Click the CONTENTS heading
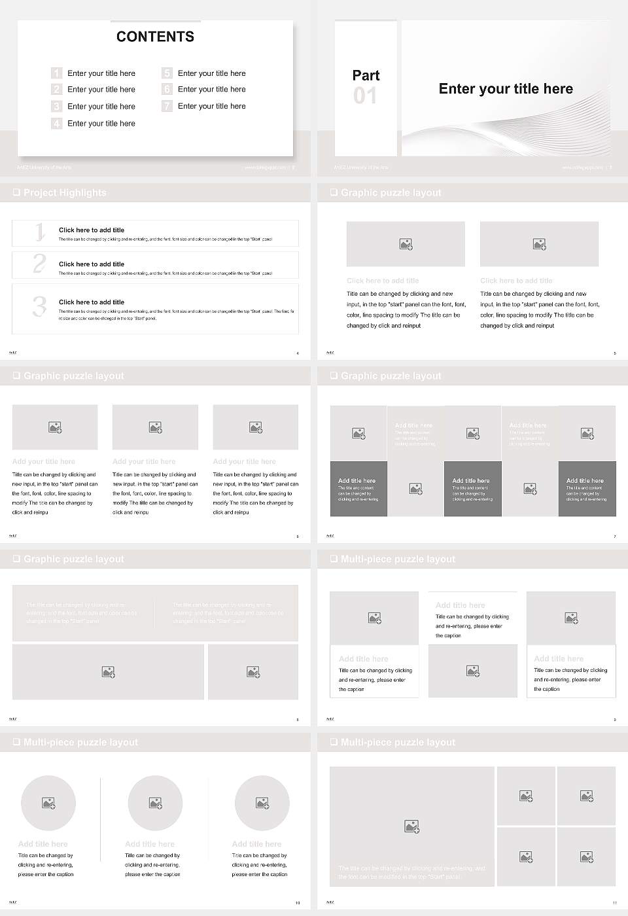(x=155, y=37)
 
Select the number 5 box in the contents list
(x=167, y=73)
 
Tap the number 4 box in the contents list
(x=56, y=123)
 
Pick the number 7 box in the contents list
(x=167, y=106)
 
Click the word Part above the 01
(x=366, y=75)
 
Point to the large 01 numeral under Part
(x=365, y=96)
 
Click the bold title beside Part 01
(x=506, y=89)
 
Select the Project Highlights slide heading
(x=64, y=192)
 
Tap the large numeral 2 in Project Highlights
(x=39, y=264)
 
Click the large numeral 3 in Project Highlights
(x=39, y=306)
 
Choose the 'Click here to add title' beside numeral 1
(x=92, y=230)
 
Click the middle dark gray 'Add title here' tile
(x=472, y=488)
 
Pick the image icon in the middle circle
(x=155, y=803)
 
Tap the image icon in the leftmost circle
(x=48, y=803)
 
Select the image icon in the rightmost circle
(x=262, y=803)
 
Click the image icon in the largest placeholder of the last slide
(x=411, y=826)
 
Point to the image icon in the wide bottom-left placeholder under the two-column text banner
(x=109, y=672)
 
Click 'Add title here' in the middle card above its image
(x=460, y=605)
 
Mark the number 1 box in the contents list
(x=56, y=73)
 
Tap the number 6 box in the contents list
(x=167, y=89)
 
